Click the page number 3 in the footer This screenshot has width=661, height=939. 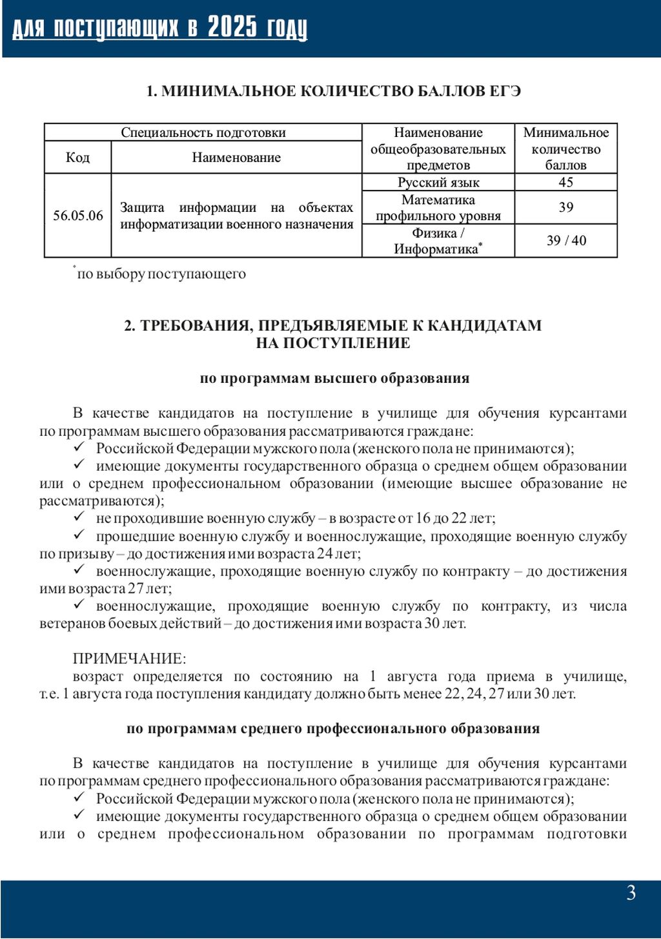point(631,893)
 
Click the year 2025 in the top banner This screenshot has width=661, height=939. point(232,28)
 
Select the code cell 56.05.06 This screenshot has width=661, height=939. point(77,216)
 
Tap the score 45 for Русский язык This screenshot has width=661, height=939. point(565,182)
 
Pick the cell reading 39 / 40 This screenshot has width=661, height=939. point(566,241)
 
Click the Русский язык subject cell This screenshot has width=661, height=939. point(438,182)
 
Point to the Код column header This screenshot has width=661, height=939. point(77,158)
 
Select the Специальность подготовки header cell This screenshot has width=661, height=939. point(203,132)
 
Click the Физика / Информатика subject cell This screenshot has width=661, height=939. point(438,241)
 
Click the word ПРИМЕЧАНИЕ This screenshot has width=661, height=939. point(129,659)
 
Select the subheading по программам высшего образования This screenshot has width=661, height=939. point(334,378)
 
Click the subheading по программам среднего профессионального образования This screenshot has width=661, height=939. point(333,729)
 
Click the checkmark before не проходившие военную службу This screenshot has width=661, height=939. point(79,517)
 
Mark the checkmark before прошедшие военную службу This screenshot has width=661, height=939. point(79,535)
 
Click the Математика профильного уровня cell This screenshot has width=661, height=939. point(438,208)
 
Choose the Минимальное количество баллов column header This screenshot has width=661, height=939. point(565,149)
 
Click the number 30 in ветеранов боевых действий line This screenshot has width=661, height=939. point(432,624)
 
